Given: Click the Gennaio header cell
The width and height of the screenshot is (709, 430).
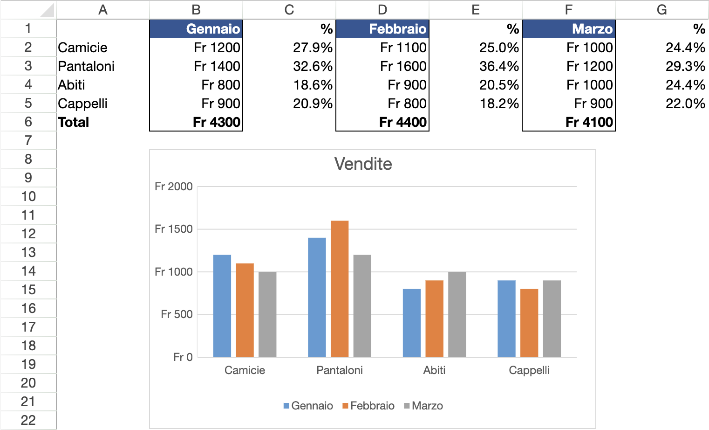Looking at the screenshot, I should [x=196, y=29].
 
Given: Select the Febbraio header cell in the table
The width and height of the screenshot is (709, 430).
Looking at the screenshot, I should [x=382, y=29].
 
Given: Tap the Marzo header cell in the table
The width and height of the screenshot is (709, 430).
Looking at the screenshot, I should [x=569, y=29].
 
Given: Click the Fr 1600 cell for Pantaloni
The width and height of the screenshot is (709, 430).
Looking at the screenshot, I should [x=382, y=66].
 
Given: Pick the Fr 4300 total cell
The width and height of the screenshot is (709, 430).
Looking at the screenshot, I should [x=196, y=122].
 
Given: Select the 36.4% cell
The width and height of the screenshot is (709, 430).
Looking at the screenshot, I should [x=476, y=66].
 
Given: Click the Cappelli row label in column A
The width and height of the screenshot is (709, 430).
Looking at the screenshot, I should [x=83, y=104].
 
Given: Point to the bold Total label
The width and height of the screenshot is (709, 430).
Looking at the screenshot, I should [x=74, y=122].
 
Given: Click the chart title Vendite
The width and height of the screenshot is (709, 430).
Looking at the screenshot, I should [x=363, y=164].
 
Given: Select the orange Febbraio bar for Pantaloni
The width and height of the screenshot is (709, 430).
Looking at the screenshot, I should [x=340, y=289].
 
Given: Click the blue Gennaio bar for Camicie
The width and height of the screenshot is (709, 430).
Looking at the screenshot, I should [x=222, y=306].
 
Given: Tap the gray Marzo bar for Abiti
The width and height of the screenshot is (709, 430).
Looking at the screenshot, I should [x=457, y=314].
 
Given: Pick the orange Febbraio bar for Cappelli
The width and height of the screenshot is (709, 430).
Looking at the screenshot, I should [x=529, y=323].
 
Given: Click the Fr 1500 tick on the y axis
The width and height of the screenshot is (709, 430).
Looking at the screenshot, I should [x=173, y=229].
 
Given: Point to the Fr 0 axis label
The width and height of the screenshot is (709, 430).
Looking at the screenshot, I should [x=183, y=357].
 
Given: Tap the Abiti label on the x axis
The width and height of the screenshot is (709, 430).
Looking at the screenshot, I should [x=434, y=370].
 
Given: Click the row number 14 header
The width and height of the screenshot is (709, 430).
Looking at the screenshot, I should [x=28, y=271].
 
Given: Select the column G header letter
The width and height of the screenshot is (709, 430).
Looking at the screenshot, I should [x=662, y=10].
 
